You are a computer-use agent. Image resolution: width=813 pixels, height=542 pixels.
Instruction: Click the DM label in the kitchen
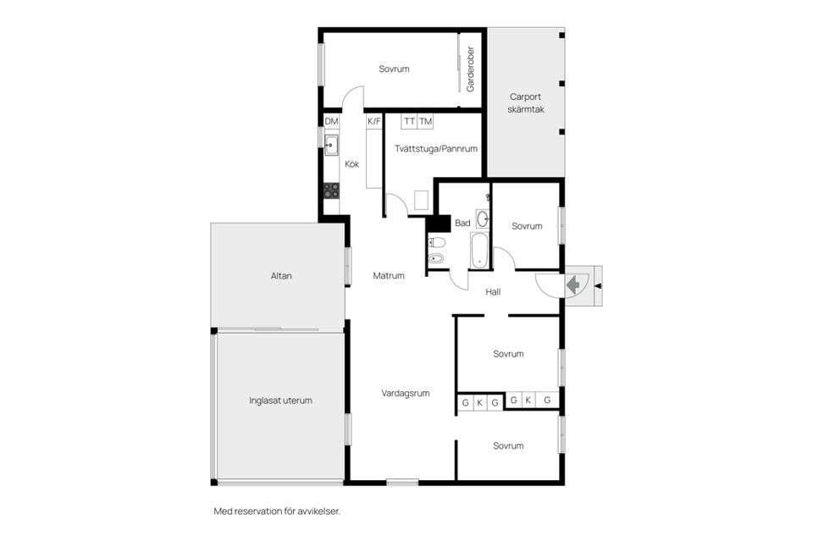331,122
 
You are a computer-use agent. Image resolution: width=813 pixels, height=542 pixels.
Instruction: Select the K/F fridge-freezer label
374,122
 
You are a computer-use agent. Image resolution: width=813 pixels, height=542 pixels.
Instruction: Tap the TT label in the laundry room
409,122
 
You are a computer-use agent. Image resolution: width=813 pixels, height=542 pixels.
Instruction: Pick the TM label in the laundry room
425,122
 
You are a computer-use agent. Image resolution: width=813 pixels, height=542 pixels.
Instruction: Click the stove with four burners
332,191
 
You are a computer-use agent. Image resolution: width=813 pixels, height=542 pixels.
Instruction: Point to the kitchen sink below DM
331,146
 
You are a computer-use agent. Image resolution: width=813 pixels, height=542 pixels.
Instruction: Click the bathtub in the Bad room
478,251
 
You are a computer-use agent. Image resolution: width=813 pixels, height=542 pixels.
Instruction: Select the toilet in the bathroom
437,242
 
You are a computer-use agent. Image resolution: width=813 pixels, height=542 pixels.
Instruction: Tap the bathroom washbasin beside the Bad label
482,218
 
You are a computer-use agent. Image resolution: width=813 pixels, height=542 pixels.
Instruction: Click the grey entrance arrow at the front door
574,285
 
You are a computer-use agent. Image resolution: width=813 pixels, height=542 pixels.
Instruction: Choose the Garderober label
471,69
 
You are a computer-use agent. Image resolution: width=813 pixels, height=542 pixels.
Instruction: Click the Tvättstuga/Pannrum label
436,149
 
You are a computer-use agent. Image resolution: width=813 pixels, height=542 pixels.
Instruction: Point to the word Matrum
389,275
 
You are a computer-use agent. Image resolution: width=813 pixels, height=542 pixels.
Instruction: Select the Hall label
493,292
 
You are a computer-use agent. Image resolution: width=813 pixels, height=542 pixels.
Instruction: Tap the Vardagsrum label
406,393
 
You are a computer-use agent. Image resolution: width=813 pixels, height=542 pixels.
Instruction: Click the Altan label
281,276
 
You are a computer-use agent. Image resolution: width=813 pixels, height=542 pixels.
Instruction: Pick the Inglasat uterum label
280,401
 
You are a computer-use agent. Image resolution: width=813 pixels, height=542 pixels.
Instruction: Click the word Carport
526,96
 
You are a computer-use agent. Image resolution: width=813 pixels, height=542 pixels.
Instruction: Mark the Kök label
352,164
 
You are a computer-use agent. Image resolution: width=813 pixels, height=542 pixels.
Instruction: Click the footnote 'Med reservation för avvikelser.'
277,512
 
